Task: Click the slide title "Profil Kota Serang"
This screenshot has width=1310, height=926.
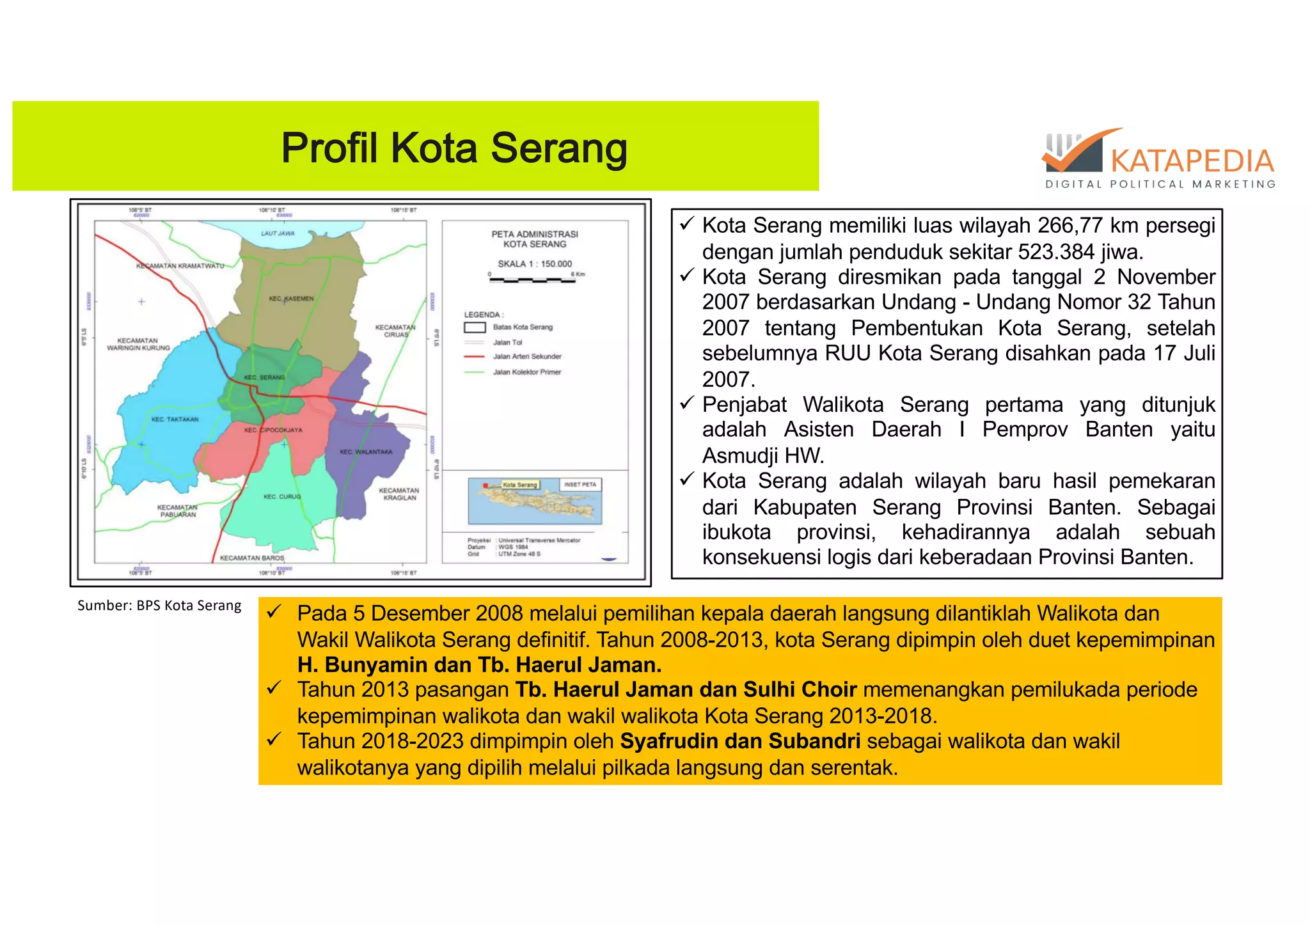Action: point(454,148)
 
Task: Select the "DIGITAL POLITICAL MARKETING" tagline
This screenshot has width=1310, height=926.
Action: point(1160,184)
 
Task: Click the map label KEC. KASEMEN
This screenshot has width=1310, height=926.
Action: point(291,299)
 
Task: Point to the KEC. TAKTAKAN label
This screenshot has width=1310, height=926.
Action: point(175,420)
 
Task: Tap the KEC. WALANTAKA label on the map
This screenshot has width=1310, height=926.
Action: point(366,452)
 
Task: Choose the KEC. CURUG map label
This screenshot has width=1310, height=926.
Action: point(282,497)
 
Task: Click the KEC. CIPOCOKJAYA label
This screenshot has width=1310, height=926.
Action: point(273,430)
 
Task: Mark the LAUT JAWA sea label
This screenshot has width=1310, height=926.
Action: point(278,233)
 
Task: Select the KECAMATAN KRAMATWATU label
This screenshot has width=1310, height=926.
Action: point(180,266)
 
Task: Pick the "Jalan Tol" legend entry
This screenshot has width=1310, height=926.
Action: point(507,343)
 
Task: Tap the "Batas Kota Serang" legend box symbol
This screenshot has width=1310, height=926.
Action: point(475,327)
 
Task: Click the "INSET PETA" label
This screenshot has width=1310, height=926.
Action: point(580,485)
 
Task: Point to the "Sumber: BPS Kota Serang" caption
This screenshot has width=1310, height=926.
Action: point(159,606)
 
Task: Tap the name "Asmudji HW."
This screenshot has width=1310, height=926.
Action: point(763,456)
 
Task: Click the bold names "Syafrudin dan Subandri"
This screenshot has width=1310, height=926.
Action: point(740,741)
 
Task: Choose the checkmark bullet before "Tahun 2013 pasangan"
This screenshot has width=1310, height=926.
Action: point(274,689)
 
